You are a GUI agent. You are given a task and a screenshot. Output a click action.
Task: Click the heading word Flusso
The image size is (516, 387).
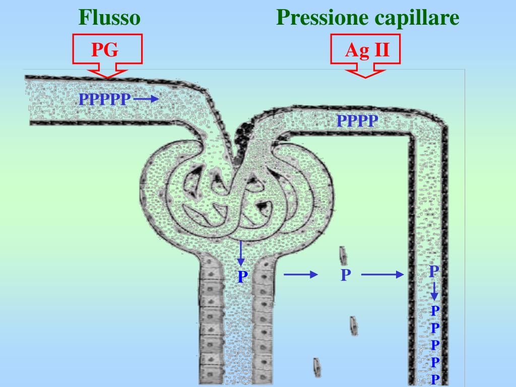tap(109, 18)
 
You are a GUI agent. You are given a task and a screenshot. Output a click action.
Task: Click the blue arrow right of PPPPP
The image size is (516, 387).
tap(147, 100)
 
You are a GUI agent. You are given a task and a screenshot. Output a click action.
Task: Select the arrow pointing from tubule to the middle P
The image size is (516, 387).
tap(300, 275)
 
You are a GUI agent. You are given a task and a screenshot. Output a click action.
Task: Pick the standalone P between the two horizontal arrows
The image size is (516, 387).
tap(345, 275)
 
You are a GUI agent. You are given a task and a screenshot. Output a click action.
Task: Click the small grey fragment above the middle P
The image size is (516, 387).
tap(343, 256)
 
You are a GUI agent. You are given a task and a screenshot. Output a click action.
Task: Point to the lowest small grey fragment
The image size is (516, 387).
tap(317, 366)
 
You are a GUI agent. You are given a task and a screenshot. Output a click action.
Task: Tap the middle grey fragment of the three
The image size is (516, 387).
tap(354, 326)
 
